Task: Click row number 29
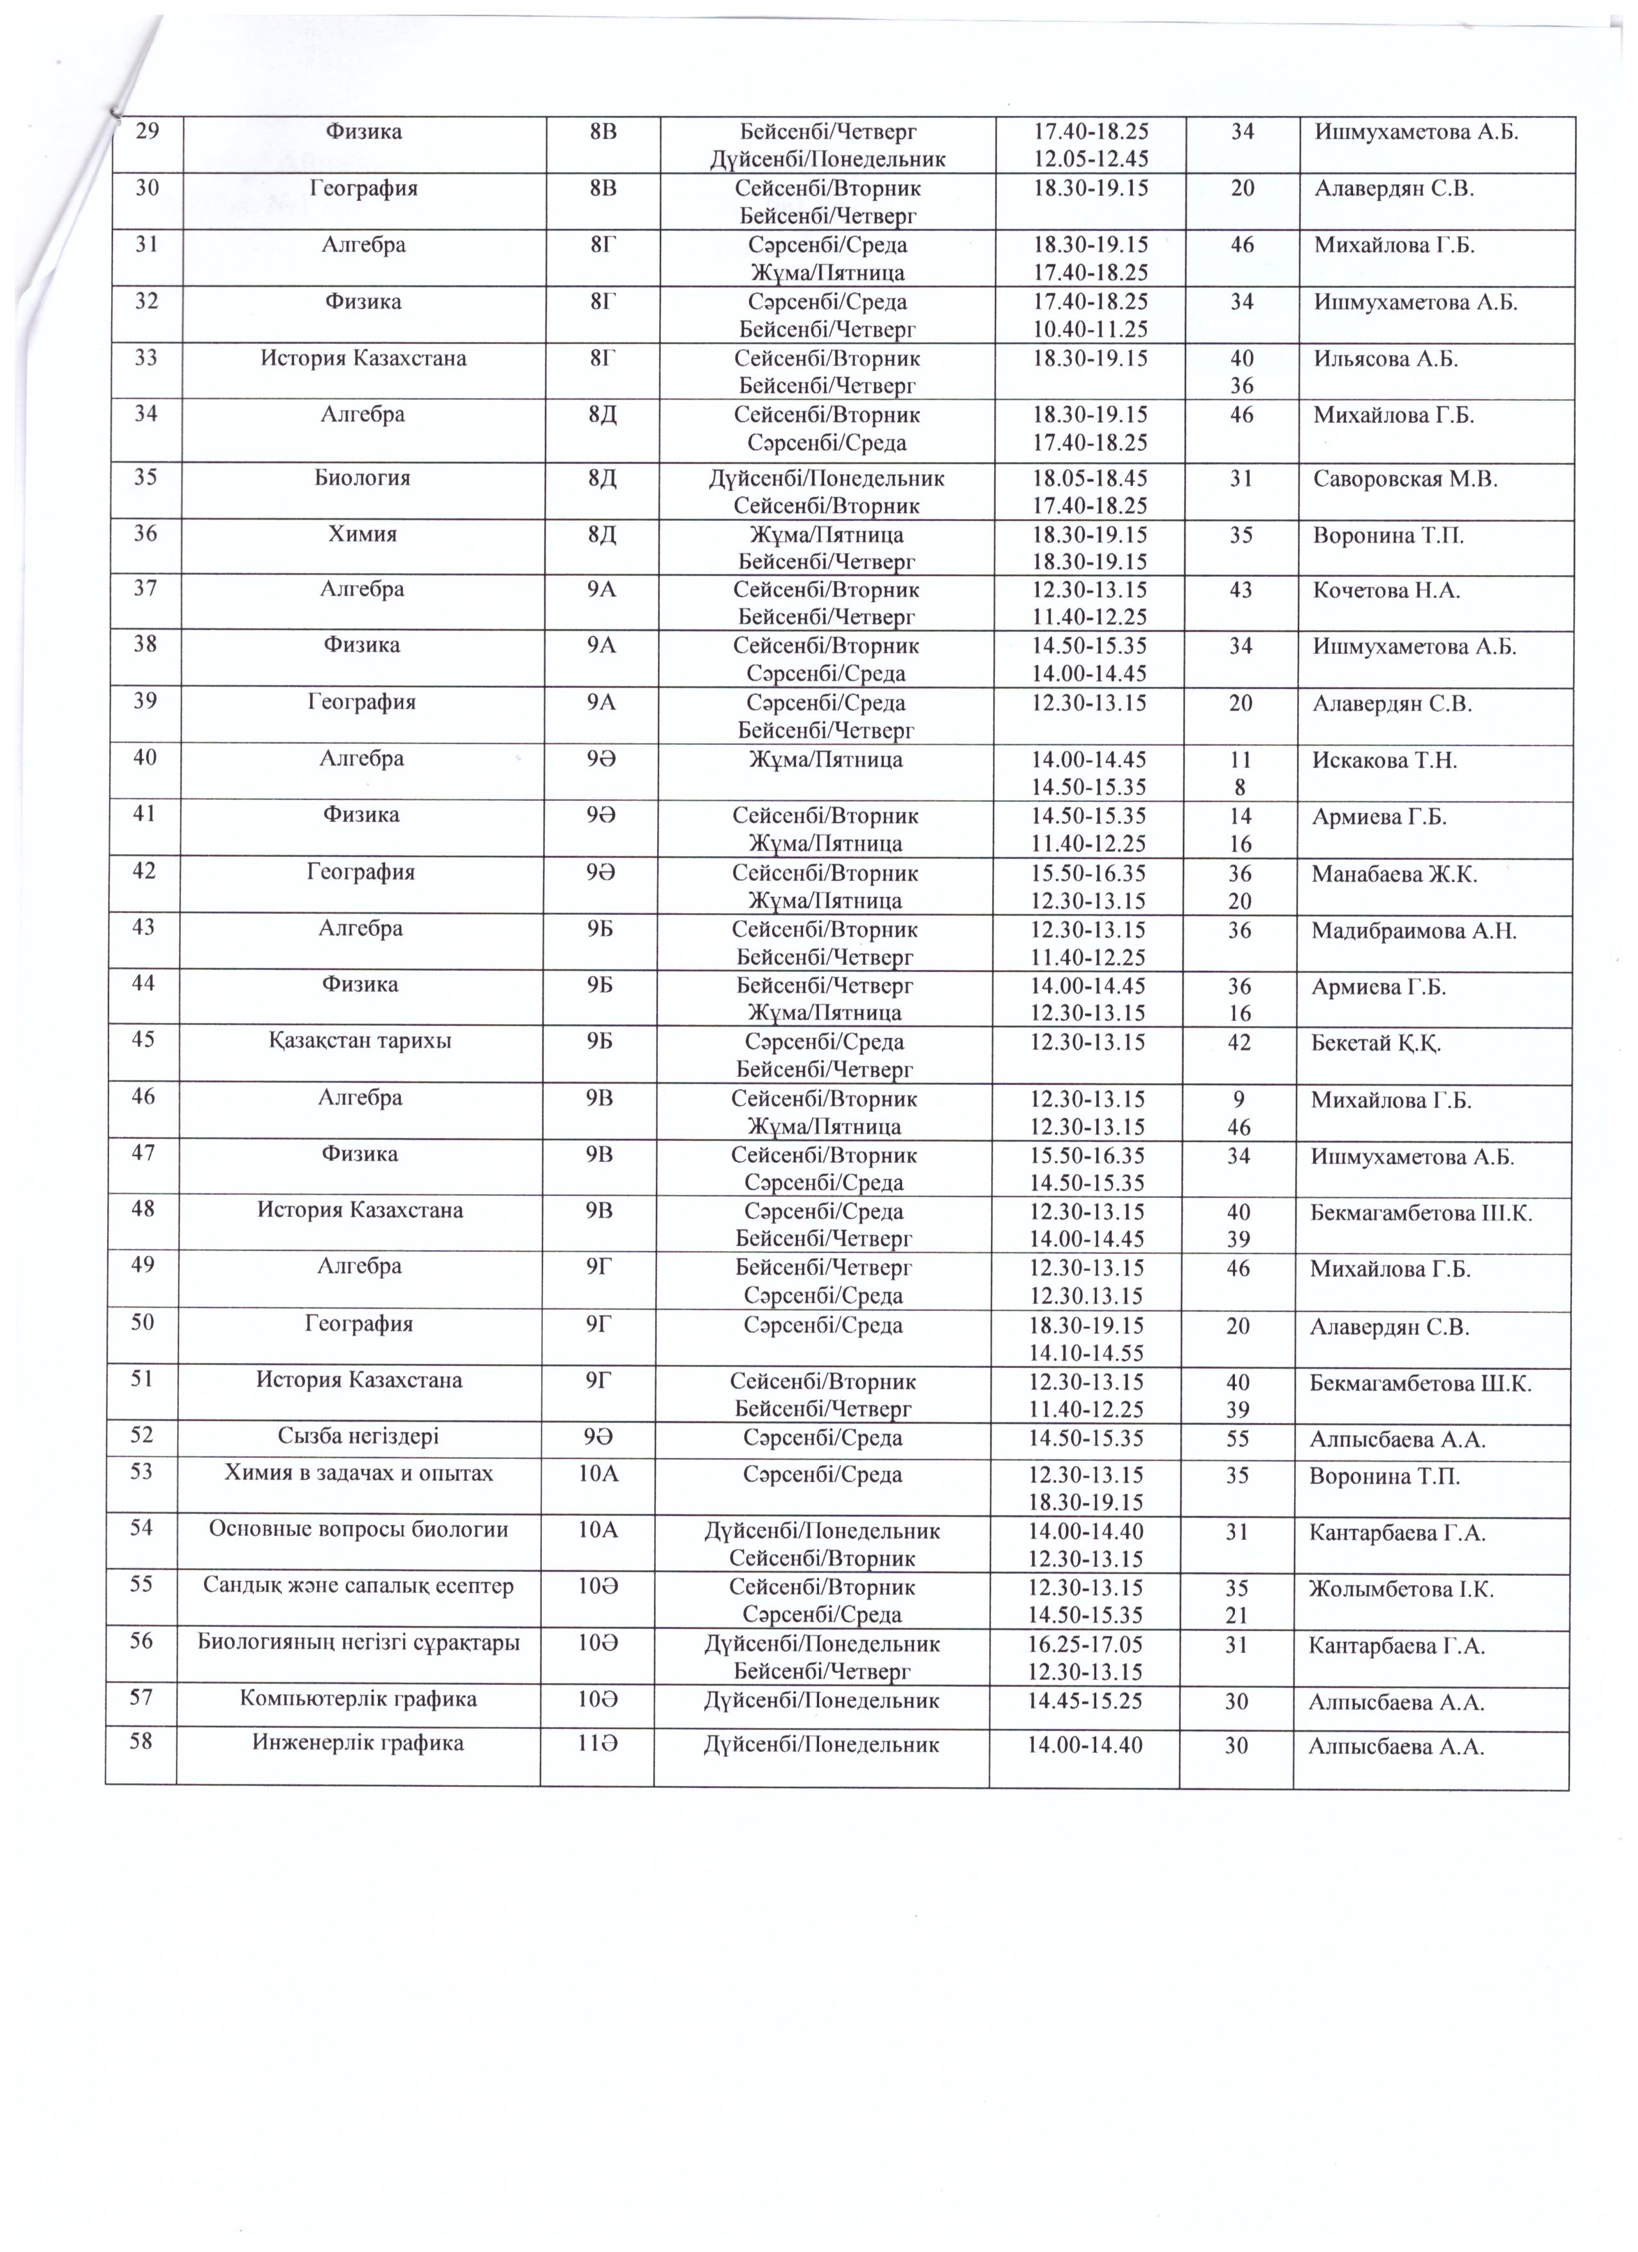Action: click(x=147, y=131)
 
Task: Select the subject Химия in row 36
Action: click(x=363, y=534)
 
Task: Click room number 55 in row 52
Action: click(x=1236, y=1438)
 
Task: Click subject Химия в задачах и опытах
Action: click(x=359, y=1472)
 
